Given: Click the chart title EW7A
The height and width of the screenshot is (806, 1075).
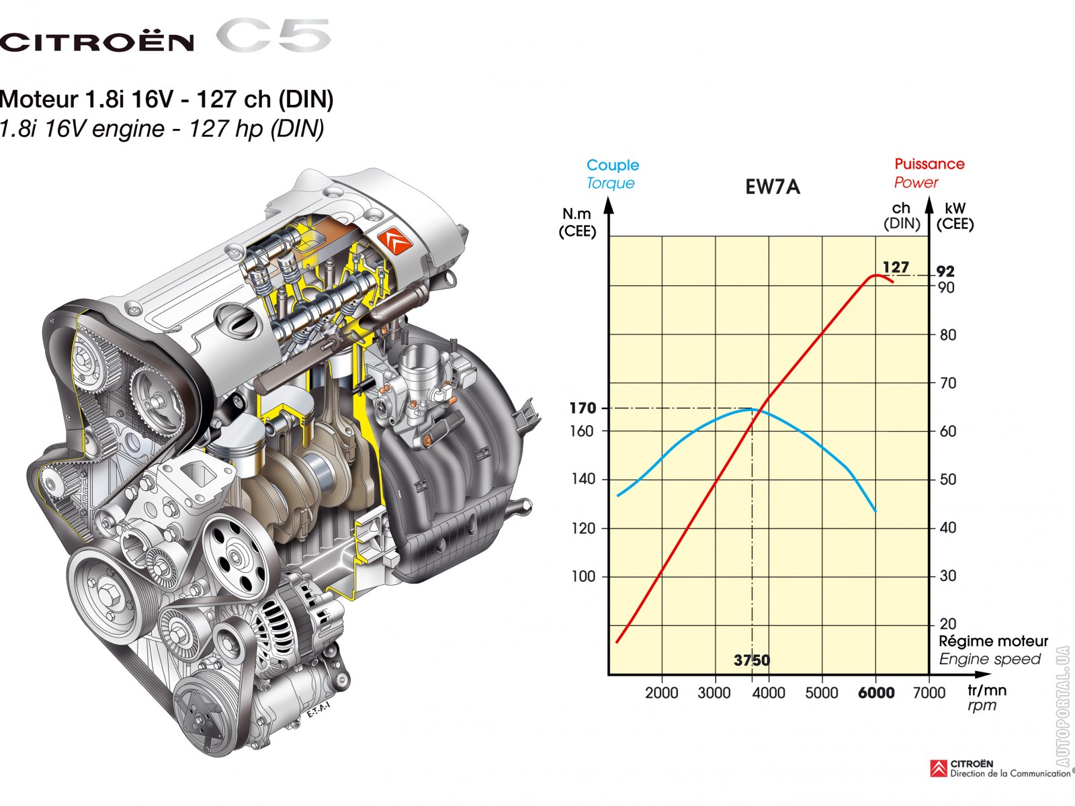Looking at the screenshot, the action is (x=773, y=187).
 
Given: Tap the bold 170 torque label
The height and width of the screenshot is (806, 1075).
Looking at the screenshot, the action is (x=583, y=408).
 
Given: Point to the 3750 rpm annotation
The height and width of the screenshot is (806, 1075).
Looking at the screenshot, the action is (x=752, y=661).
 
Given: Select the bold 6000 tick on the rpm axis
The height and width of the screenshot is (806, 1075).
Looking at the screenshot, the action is (x=876, y=693).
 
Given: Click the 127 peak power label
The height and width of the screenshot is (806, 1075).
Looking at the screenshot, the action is (x=896, y=267).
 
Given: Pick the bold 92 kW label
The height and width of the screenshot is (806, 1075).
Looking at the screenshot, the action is (x=945, y=271).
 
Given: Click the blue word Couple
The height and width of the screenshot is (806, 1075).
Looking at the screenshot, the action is (x=613, y=165).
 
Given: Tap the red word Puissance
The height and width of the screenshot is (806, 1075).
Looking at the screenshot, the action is (x=930, y=164).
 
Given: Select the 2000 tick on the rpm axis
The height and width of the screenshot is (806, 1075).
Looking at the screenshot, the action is (x=662, y=693).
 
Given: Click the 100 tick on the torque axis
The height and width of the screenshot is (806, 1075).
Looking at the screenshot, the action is (x=583, y=576).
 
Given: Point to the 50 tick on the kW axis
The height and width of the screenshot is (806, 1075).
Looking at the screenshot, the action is (x=947, y=480).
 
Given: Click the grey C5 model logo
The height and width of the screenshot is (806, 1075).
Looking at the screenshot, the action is (x=273, y=35).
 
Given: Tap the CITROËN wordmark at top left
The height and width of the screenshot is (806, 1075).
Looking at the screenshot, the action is (x=97, y=42).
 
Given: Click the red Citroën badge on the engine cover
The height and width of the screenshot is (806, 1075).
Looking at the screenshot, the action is (x=395, y=240).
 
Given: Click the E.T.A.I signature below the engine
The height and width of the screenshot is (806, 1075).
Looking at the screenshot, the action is (x=318, y=710).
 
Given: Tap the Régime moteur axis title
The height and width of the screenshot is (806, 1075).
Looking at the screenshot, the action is (x=993, y=641).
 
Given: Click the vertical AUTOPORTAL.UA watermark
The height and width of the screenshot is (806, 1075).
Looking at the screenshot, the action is (x=1063, y=706).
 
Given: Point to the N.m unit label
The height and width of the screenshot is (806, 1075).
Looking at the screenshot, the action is (x=576, y=214).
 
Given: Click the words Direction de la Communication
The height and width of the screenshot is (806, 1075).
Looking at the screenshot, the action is (x=1010, y=774).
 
